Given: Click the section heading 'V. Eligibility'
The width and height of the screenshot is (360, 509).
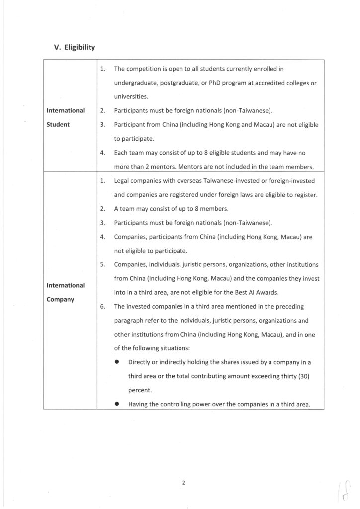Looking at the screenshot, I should (74, 48).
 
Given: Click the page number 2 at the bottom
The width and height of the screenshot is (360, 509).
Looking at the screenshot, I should (183, 482).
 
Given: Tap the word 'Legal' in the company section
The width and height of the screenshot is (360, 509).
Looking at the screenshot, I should (122, 181).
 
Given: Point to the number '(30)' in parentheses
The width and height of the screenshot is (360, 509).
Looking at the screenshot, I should (303, 376).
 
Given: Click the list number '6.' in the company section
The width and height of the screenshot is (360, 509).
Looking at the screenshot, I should (102, 307).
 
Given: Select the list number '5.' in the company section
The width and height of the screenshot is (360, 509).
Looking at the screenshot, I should (102, 265).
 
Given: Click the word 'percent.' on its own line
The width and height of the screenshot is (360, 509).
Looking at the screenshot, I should (141, 390).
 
